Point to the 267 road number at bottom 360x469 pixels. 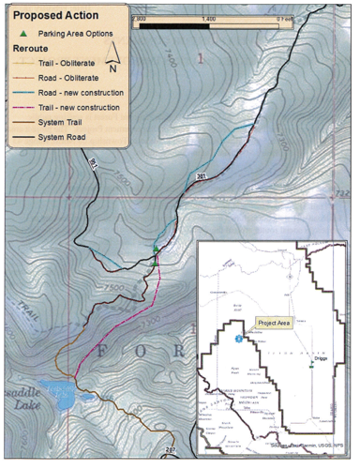(x=169, y=450)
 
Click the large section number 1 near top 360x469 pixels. (x=199, y=59)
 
